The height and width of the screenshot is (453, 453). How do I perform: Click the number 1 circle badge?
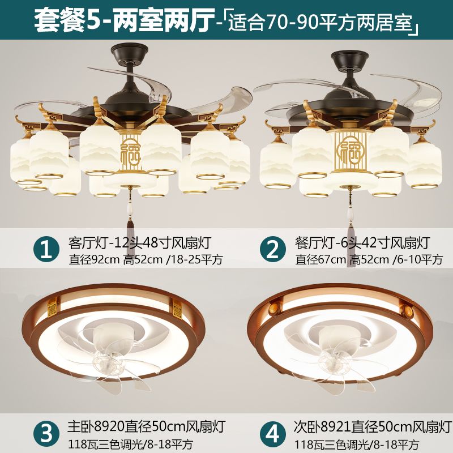coord(46,249)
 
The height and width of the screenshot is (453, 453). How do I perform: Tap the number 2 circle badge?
coord(273,249)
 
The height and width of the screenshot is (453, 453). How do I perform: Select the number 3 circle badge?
coord(46,433)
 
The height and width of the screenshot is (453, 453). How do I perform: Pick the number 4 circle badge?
coord(273,433)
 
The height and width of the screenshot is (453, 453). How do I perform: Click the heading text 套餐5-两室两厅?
coord(125,20)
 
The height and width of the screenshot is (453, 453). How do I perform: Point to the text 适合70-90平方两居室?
coord(320,21)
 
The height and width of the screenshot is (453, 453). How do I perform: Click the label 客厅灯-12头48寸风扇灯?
coord(140,243)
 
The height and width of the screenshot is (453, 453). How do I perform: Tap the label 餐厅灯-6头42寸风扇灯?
coord(362,243)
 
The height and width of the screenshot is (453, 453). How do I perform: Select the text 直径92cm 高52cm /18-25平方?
coord(146,259)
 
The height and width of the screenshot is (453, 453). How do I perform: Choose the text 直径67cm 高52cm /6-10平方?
coord(369,259)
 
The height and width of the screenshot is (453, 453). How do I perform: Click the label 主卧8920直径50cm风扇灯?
coord(146,427)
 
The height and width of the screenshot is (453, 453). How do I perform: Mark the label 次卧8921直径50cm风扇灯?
coord(373,427)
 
